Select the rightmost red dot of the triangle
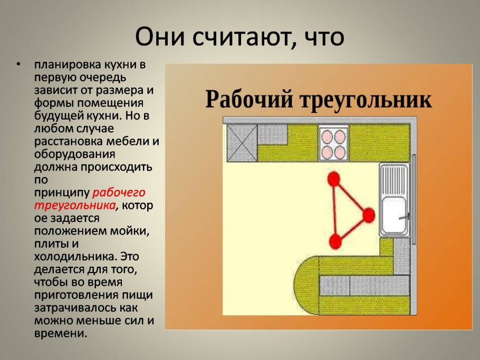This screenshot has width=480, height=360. (x=368, y=215)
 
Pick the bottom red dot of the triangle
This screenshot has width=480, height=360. (x=334, y=241)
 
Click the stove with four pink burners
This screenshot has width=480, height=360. (x=333, y=144)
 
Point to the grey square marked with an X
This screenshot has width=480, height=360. (x=241, y=143)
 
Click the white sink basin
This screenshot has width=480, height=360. (x=393, y=216)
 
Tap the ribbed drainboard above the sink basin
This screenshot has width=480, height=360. (x=393, y=179)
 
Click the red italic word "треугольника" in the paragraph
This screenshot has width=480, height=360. (x=74, y=205)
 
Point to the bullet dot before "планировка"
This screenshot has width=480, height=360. (x=18, y=65)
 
